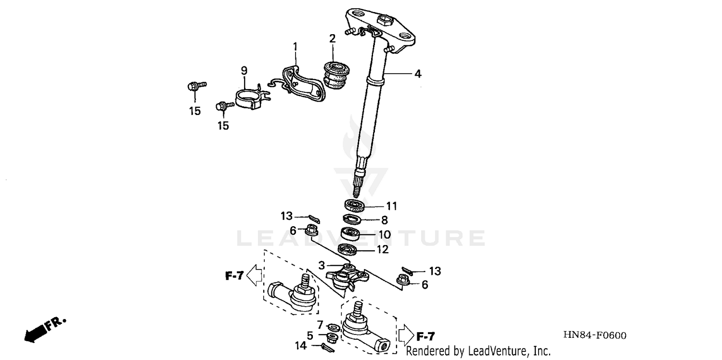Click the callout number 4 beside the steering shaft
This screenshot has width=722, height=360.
pyautogui.click(x=418, y=74)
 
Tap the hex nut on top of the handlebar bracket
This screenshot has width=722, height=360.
pyautogui.click(x=386, y=21)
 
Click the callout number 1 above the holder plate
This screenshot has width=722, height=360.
pyautogui.click(x=295, y=47)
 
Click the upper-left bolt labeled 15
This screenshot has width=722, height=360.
pyautogui.click(x=192, y=87)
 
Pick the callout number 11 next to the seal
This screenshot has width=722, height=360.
pyautogui.click(x=391, y=206)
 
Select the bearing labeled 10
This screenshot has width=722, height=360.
pyautogui.click(x=351, y=234)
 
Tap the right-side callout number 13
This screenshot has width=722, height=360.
pyautogui.click(x=435, y=271)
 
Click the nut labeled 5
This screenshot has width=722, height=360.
pyautogui.click(x=332, y=336)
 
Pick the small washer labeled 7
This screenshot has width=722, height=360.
pyautogui.click(x=333, y=327)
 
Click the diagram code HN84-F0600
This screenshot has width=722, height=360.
pyautogui.click(x=596, y=335)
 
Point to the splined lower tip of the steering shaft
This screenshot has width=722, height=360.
pyautogui.click(x=358, y=185)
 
